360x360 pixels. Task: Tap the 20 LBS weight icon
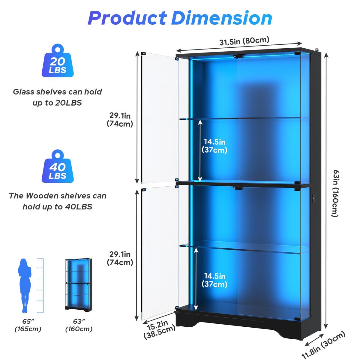coord(58,61)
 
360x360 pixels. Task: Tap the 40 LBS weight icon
coord(58,166)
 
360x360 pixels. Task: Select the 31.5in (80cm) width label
coord(244,41)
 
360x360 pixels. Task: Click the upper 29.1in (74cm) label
coord(120,120)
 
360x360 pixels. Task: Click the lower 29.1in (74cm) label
coord(120,258)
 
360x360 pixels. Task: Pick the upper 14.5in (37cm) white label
coord(214,146)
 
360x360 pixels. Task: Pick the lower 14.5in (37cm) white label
coord(214,280)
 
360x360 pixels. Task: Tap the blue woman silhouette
coord(25,286)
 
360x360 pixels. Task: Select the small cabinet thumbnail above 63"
coord(79,285)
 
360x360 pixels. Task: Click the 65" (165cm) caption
coord(28,325)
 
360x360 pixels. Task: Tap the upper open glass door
coord(160,118)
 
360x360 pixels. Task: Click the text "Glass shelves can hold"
coord(57,92)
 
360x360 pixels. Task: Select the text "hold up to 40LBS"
coord(57,207)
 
